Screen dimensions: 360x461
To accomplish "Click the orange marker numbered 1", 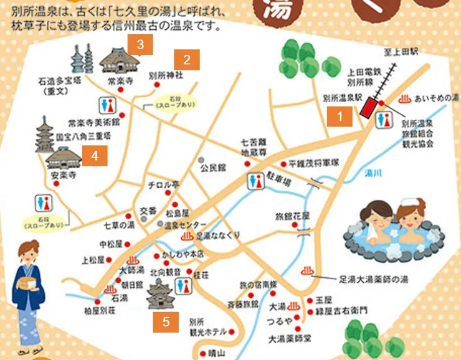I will point(340,115).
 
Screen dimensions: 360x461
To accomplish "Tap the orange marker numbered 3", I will point(140,44).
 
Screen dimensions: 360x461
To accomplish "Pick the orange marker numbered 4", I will point(95,156).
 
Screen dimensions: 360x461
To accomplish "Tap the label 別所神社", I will point(166,75).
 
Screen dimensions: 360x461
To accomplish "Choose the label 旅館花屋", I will point(292,217).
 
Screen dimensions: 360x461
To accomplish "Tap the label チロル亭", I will point(163,185).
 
